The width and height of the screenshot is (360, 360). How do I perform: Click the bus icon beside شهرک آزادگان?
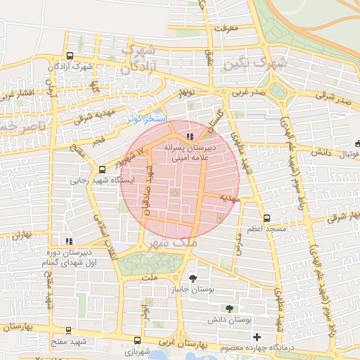pos(69,56)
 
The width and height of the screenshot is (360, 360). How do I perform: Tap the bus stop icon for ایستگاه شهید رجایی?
pos(103,169)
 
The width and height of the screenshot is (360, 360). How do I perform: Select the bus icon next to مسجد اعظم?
pos(266,218)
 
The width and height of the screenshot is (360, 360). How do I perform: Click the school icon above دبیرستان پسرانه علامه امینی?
pos(188,136)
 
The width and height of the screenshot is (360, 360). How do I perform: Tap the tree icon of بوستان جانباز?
pos(192,278)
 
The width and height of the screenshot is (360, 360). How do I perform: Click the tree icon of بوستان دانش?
pos(229,309)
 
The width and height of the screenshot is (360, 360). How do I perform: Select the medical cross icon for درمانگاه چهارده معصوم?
pos(257,337)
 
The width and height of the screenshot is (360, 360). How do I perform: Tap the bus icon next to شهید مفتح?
pos(67,330)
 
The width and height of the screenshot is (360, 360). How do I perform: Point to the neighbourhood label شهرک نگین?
pos(255,64)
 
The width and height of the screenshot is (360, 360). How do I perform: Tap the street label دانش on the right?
pos(320,151)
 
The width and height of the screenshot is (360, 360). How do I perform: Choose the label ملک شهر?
pos(171,242)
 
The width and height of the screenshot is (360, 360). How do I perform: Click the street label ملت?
pos(148,279)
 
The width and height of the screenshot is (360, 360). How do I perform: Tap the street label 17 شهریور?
pos(133,154)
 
